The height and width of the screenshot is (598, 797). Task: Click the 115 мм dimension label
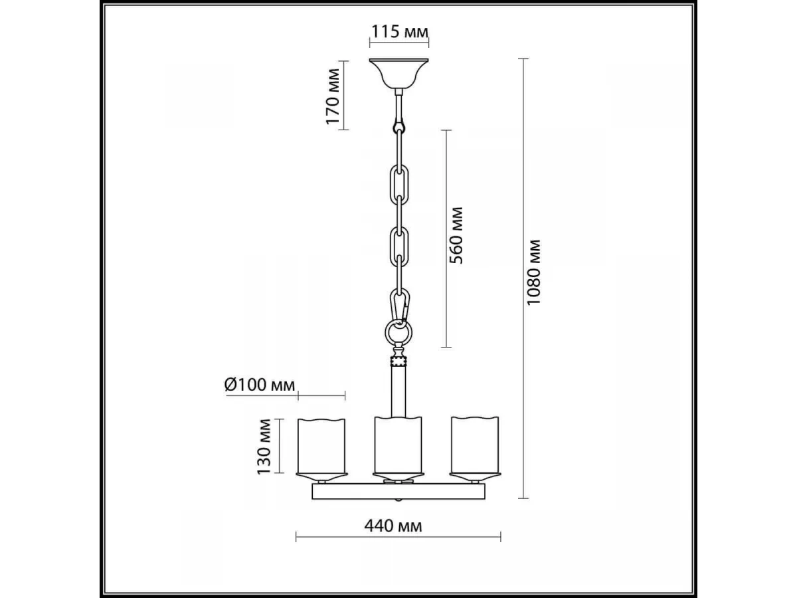point(399,32)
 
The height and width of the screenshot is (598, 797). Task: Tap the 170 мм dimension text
point(333,96)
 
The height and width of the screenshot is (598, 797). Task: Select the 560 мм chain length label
point(456,235)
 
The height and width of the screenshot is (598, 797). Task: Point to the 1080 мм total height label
point(534,272)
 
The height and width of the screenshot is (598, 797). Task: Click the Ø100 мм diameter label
point(260,385)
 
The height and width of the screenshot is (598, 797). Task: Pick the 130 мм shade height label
point(264,447)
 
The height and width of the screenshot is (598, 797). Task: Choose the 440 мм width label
point(393,526)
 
